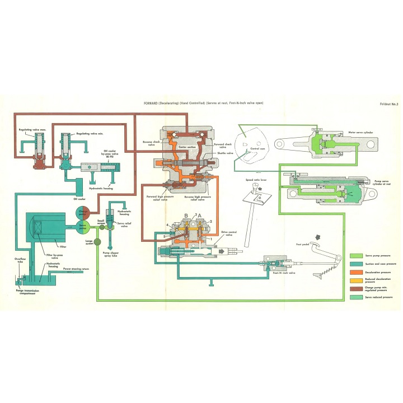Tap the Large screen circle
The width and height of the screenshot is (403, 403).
click(96, 242)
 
